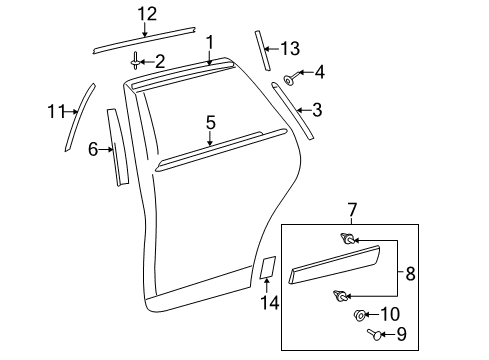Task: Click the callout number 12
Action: (147, 13)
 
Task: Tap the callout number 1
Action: (211, 41)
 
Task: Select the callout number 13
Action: (290, 47)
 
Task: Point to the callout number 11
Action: (56, 113)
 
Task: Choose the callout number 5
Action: (211, 122)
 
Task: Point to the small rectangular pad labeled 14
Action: (267, 267)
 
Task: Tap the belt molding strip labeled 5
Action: (210, 144)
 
